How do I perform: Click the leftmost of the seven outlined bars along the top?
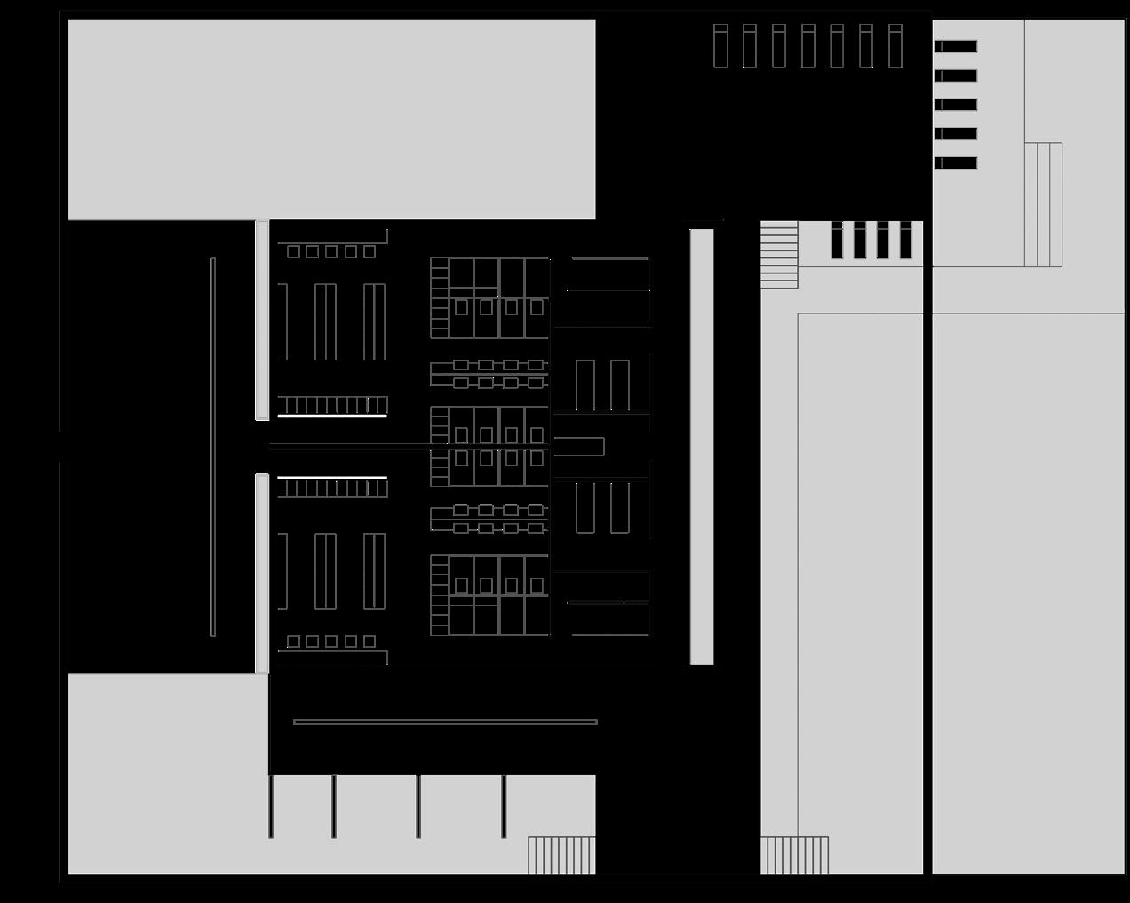(x=720, y=46)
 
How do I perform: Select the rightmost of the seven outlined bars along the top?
(x=895, y=46)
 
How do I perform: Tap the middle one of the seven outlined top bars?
(x=808, y=46)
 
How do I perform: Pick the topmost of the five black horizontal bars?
(x=956, y=46)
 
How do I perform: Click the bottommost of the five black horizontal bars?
(x=956, y=162)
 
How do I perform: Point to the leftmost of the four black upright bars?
(x=837, y=240)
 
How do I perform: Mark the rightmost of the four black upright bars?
(x=906, y=240)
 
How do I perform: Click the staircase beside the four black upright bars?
(x=779, y=255)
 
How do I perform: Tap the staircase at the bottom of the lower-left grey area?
(x=561, y=855)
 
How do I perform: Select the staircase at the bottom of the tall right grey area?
(x=794, y=855)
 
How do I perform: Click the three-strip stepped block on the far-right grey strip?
(x=1043, y=204)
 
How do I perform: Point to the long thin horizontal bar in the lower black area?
(x=445, y=722)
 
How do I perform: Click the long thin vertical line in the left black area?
(x=212, y=447)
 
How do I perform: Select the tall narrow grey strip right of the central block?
(x=702, y=447)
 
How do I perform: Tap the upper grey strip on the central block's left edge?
(x=262, y=320)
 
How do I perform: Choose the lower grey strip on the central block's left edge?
(x=262, y=574)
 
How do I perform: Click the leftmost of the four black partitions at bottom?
(x=271, y=806)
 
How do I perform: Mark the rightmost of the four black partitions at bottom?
(x=504, y=806)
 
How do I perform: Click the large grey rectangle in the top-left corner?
(x=331, y=119)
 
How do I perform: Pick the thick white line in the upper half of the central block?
(x=332, y=416)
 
